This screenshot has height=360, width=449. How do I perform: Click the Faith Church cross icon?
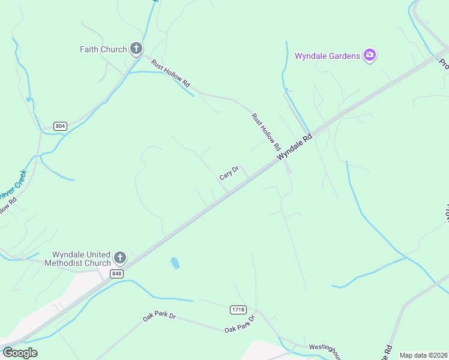[136, 49]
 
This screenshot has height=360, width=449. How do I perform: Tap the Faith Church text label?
[103, 49]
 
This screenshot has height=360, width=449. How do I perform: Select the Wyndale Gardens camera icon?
[369, 56]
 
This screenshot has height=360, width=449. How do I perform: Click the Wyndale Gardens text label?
[327, 56]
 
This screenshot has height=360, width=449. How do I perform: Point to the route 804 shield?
[60, 126]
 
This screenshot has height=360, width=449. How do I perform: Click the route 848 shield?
[116, 274]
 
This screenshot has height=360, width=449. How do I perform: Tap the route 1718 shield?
[238, 310]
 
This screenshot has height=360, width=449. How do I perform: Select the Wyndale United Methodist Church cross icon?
[119, 258]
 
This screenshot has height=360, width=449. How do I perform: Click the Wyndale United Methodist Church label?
[82, 259]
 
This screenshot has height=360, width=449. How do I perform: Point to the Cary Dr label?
[229, 173]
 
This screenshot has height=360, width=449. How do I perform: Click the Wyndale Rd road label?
[295, 146]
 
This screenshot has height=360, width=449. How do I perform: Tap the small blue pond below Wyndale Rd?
[175, 263]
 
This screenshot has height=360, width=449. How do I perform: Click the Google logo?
[20, 352]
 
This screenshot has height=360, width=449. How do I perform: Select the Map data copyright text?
[423, 355]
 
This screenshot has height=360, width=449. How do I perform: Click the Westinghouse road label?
[325, 347]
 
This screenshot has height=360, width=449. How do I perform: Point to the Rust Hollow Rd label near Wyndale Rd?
[266, 131]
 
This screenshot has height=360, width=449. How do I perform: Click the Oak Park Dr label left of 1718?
[159, 316]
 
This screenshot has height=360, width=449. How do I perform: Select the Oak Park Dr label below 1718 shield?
[240, 324]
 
